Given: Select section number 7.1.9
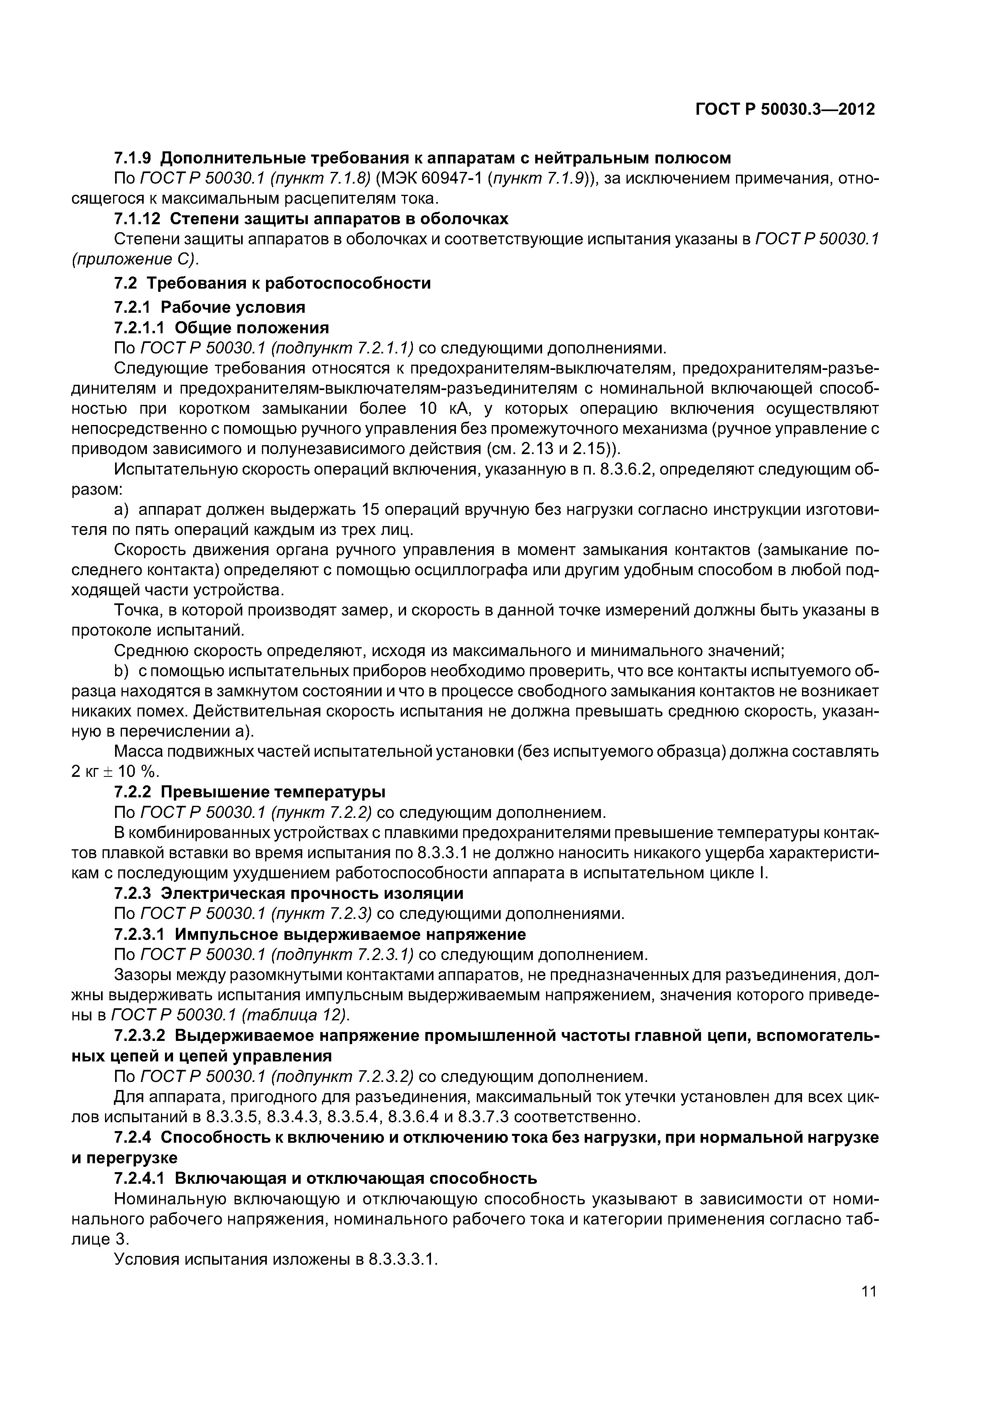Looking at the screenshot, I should (135, 158).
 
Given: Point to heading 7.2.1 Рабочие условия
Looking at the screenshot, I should (210, 306).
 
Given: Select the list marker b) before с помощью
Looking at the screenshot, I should (121, 671).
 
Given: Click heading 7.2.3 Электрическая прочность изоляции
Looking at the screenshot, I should (289, 892).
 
